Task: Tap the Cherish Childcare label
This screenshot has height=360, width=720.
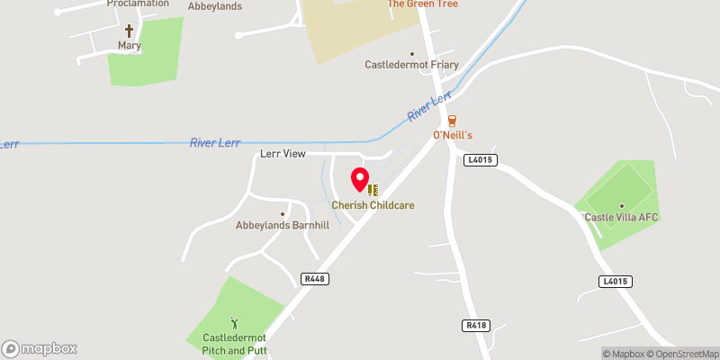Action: tap(373, 205)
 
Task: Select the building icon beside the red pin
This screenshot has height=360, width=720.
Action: tap(373, 190)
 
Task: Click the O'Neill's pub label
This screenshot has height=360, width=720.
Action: tap(452, 135)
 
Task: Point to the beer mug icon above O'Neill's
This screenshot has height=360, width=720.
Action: tap(452, 120)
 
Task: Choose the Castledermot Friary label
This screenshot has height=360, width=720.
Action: tap(411, 65)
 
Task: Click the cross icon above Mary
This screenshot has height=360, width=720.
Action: tap(129, 30)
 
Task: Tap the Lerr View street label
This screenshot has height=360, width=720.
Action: tap(283, 154)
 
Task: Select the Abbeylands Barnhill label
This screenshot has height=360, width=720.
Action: tap(282, 225)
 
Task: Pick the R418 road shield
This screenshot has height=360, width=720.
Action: tap(476, 325)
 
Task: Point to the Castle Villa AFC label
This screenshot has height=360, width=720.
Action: tap(622, 217)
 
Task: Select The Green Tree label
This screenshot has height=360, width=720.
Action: tap(422, 4)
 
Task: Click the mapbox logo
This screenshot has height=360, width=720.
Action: tap(40, 348)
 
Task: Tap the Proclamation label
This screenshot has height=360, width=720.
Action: tap(138, 4)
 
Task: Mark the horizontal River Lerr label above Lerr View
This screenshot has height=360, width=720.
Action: tap(215, 143)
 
